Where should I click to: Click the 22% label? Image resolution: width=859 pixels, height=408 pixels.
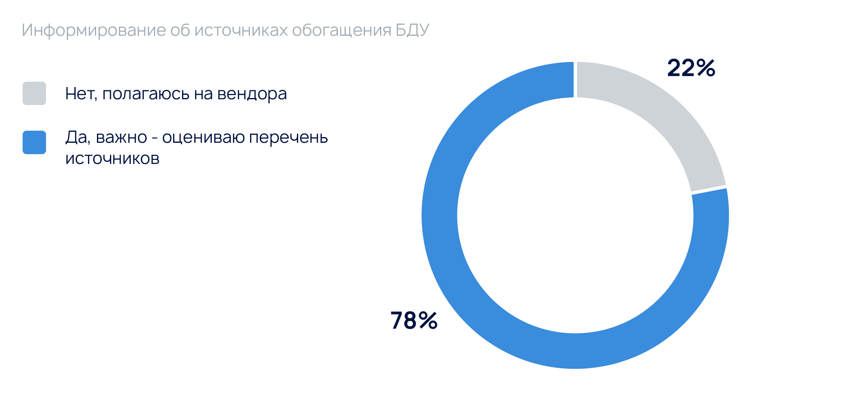691,68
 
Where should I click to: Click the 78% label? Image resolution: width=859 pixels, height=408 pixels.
414,320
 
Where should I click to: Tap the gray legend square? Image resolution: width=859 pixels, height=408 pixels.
34,94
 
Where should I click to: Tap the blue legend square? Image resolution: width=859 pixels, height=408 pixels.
34,142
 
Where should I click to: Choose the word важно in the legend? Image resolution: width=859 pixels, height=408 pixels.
121,137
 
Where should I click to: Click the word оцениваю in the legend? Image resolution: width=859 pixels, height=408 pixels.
203,138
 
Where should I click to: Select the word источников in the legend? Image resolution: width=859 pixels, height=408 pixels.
112,159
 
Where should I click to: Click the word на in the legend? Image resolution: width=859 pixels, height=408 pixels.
202,94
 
